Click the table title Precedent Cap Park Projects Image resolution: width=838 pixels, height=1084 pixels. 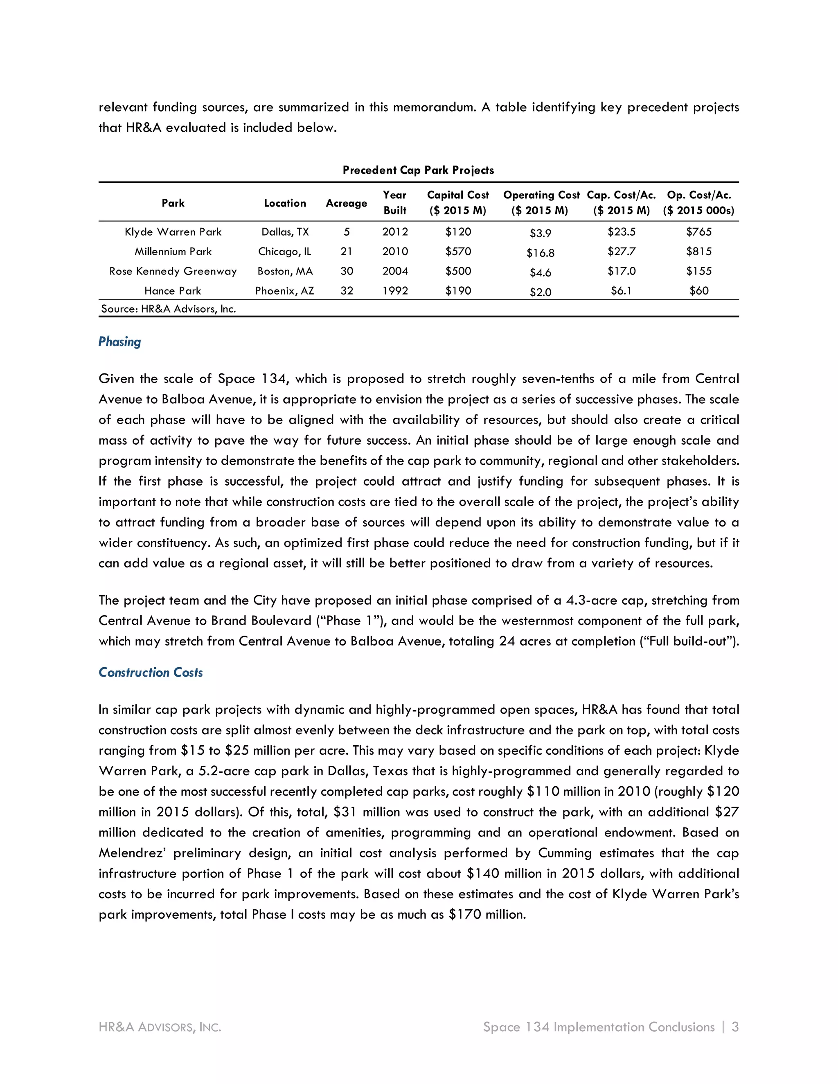(418, 170)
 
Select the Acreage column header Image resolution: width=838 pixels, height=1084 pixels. (346, 203)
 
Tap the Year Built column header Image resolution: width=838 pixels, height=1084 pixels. (395, 202)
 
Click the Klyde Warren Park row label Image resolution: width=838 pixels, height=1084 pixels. (173, 232)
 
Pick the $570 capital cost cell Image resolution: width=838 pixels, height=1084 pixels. (458, 252)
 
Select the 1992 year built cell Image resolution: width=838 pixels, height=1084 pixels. (395, 291)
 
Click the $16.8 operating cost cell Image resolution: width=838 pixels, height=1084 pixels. (540, 253)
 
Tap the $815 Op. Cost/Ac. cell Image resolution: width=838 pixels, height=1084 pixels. (698, 252)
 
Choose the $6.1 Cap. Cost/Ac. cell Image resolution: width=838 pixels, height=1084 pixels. (621, 291)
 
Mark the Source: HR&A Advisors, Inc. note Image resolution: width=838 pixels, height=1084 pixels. (168, 309)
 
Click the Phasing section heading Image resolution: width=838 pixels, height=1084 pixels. (119, 342)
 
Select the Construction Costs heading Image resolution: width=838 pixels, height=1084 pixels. (151, 672)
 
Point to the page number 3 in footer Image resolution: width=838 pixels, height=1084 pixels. (735, 1027)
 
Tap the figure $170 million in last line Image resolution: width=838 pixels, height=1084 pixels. (486, 915)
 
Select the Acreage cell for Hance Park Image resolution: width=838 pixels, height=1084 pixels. (347, 291)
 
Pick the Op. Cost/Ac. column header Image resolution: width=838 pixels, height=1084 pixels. (698, 202)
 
